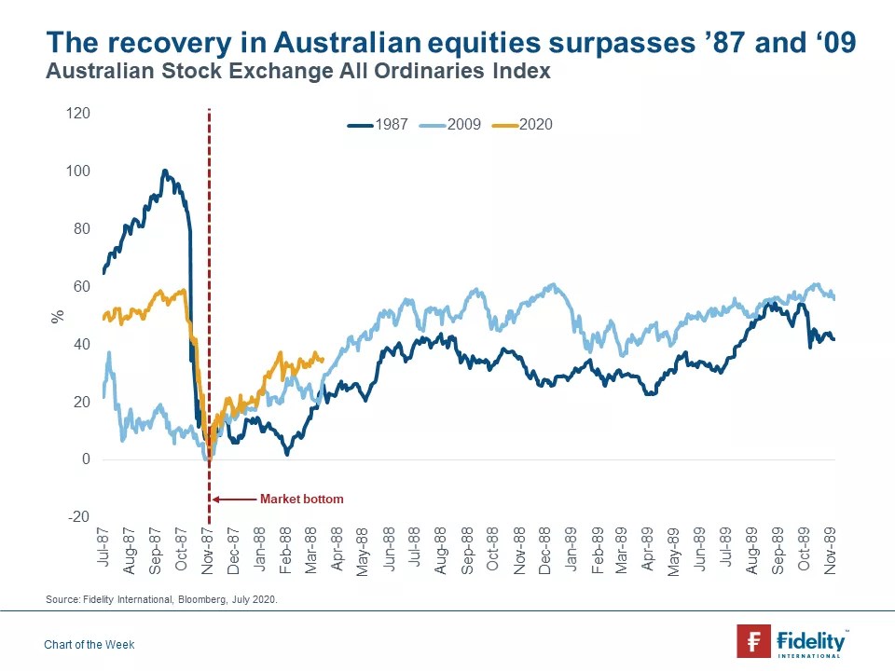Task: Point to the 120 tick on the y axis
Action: click(x=78, y=114)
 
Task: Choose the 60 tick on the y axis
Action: click(x=82, y=287)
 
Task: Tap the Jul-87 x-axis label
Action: click(x=103, y=548)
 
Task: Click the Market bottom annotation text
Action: click(x=301, y=500)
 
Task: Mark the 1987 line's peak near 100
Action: click(x=164, y=171)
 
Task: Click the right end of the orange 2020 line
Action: click(x=323, y=359)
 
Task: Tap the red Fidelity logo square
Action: click(x=753, y=641)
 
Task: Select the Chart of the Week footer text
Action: click(x=89, y=645)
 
